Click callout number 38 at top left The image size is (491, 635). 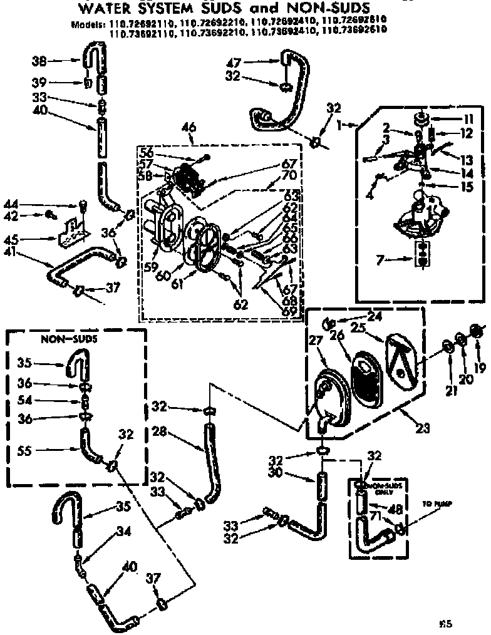[39, 61]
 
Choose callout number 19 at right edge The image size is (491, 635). [479, 368]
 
